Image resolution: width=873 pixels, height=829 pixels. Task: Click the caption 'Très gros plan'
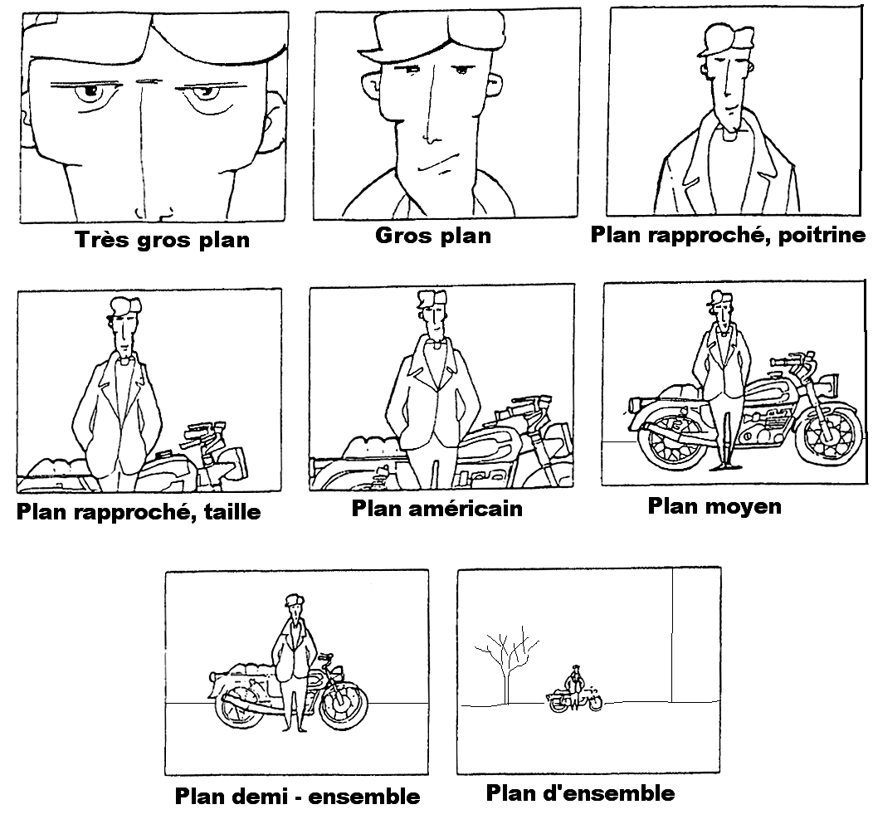pos(162,240)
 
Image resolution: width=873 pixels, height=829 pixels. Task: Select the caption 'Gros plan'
pos(433,235)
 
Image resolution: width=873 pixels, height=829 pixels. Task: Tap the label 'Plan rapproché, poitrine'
pos(727,235)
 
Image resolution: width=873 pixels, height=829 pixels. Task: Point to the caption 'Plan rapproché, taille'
pos(139,511)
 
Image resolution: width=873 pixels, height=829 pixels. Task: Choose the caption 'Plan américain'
pos(437,507)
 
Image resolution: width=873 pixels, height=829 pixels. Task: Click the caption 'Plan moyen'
pos(714,505)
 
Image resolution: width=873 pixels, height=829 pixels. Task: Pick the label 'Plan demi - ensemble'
pos(297,797)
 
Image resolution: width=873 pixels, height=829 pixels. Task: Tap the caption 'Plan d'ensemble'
pos(580,793)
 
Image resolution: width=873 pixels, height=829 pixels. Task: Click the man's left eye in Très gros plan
pos(91,95)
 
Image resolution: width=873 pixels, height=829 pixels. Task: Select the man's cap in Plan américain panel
pos(432,300)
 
